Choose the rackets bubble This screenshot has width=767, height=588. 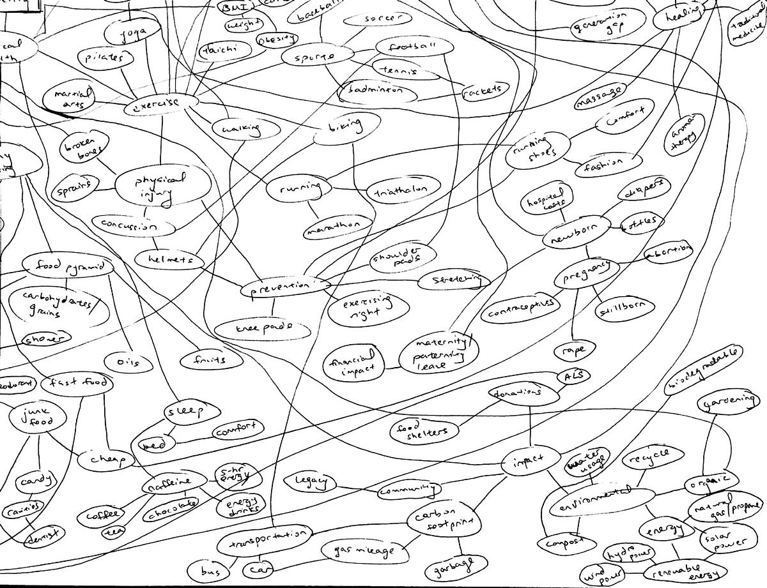tap(485, 89)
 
